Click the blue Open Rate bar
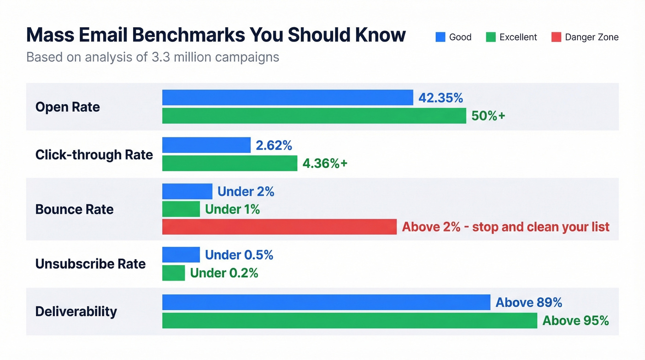(x=287, y=98)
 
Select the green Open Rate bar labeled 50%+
(x=314, y=116)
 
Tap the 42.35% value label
(x=440, y=98)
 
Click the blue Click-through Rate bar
(x=206, y=145)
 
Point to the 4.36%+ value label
(x=325, y=163)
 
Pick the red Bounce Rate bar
(x=279, y=227)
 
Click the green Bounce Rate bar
(x=181, y=209)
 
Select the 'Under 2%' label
(x=246, y=192)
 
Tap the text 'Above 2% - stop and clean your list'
(x=505, y=227)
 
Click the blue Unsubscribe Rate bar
(x=181, y=255)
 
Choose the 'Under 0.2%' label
(x=224, y=273)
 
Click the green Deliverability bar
(x=349, y=320)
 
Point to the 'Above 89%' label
(x=528, y=302)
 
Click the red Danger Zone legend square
(x=556, y=37)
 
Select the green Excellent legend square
(x=491, y=37)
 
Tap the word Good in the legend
(x=460, y=37)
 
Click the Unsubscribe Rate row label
(x=90, y=264)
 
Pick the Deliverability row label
(x=76, y=311)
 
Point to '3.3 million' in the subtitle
(x=176, y=57)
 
